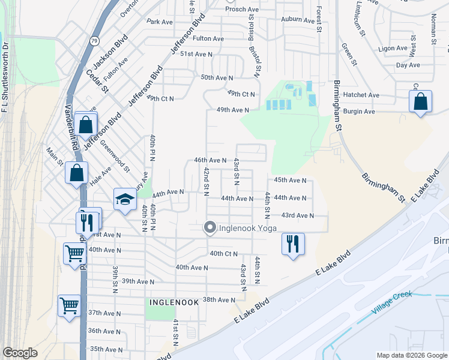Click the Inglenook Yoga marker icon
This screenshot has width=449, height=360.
[x=209, y=227]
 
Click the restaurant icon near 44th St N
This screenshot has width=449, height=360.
[x=293, y=244]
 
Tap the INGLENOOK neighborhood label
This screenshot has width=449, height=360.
[x=172, y=303]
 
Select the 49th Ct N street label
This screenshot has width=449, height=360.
[x=241, y=94]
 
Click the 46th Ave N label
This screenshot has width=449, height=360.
[x=209, y=160]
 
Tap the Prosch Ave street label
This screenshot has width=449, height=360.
[x=241, y=9]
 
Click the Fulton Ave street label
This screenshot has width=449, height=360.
[x=208, y=38]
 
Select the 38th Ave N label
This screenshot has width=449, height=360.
[x=219, y=299]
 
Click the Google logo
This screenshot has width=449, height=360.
[x=20, y=353]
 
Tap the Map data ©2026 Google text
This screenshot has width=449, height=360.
[x=412, y=355]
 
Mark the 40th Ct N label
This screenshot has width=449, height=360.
[x=224, y=254]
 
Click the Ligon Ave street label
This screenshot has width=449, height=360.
[x=393, y=48]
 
